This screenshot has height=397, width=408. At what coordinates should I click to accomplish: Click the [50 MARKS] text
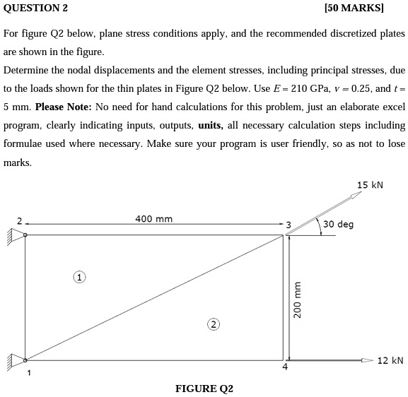coord(354,8)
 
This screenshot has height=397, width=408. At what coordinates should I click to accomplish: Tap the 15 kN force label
coord(370,185)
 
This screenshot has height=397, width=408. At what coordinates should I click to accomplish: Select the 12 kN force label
coord(390,360)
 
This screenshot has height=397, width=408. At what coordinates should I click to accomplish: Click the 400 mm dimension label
coord(153,219)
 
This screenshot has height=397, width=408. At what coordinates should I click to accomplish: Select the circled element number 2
coord(212,324)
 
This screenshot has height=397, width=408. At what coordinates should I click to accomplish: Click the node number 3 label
coord(288,225)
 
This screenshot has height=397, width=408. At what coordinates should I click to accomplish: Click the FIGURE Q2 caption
coord(204,389)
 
